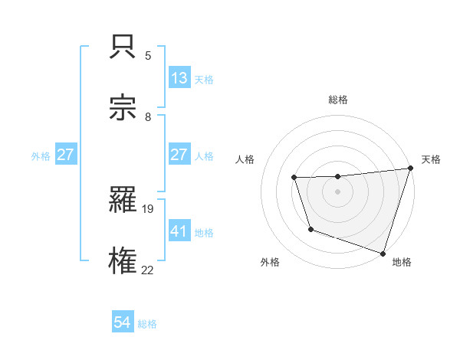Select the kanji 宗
click(x=124, y=107)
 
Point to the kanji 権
click(x=124, y=260)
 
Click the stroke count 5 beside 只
click(x=148, y=55)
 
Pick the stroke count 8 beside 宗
click(x=148, y=116)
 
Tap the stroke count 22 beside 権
click(x=148, y=270)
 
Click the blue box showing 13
click(x=179, y=77)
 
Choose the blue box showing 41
click(x=179, y=231)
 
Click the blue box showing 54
click(x=122, y=323)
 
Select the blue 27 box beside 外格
click(x=65, y=155)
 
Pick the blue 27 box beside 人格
click(x=179, y=155)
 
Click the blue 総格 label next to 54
click(x=147, y=324)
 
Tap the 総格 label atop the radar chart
click(x=338, y=100)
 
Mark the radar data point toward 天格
click(x=409, y=169)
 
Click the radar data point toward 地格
click(x=383, y=252)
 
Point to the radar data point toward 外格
click(x=310, y=229)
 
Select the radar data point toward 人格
click(x=294, y=178)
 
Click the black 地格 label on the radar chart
click(x=402, y=262)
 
